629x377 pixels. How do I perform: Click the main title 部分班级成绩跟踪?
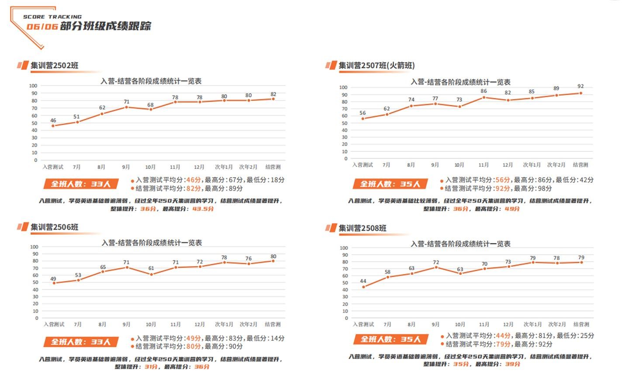105,26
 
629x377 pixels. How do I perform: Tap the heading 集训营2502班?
55,65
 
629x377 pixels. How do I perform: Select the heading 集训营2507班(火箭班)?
377,65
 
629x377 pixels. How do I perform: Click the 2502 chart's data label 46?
53,120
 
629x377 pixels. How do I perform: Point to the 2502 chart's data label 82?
273,94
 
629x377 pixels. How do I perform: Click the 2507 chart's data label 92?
581,86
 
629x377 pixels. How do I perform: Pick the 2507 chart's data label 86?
484,91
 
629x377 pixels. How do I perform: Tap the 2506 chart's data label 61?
151,268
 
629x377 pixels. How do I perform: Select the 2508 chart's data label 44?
363,281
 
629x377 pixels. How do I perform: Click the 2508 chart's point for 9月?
436,267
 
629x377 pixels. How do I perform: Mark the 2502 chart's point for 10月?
151,109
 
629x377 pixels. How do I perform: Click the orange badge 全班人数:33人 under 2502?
81,184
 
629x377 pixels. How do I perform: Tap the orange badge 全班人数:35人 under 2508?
391,339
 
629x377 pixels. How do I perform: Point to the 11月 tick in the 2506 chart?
175,324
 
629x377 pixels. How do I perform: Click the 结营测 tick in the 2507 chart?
581,165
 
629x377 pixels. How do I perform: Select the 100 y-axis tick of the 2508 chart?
344,248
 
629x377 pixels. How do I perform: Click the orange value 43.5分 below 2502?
203,209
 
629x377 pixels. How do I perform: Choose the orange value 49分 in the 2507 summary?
512,209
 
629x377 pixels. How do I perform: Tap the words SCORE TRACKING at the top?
52,17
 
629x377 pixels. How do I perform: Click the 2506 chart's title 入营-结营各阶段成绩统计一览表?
152,243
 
